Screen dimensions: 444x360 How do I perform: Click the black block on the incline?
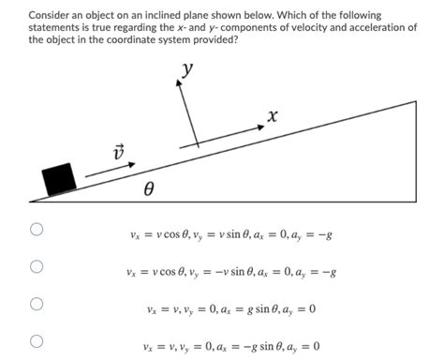point(59,178)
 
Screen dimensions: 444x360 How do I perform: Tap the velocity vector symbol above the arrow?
point(118,154)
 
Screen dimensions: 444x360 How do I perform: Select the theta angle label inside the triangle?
point(148,189)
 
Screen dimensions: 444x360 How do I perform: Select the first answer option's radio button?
point(37,229)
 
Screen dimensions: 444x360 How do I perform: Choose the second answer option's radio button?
point(37,267)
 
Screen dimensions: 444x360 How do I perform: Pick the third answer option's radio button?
point(37,305)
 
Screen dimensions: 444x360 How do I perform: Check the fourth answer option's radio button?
point(37,342)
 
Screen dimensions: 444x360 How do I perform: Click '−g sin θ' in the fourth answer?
point(256,347)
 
